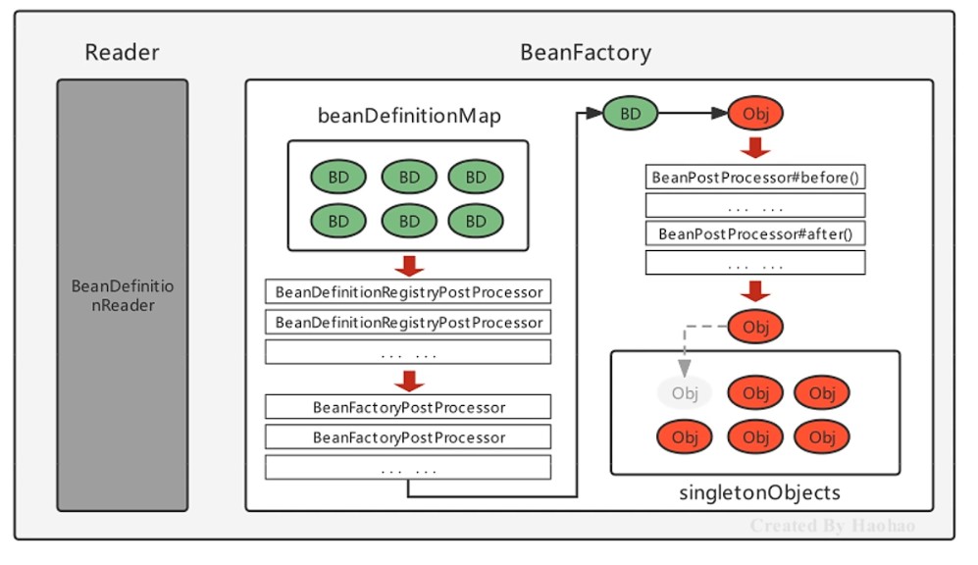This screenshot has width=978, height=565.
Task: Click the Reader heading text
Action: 122,52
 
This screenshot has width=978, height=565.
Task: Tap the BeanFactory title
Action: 585,52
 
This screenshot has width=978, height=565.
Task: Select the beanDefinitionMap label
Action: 409,116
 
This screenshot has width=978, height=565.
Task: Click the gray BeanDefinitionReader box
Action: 122,295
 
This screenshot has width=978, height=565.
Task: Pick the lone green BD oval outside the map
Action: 630,115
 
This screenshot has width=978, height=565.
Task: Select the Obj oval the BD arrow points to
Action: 755,115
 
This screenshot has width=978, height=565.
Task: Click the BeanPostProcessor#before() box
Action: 755,178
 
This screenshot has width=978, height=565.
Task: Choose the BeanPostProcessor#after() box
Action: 755,234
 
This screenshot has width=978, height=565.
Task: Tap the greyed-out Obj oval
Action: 684,393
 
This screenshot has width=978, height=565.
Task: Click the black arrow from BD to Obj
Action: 692,115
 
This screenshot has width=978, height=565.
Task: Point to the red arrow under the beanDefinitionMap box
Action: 408,266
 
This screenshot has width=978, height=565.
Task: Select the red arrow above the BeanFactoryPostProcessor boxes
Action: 408,380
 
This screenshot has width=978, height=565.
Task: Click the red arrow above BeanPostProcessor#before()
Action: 755,147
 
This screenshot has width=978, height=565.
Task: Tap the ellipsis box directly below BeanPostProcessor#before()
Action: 755,206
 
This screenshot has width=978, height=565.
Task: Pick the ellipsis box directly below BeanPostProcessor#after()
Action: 755,263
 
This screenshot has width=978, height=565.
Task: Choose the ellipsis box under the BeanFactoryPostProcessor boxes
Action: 408,468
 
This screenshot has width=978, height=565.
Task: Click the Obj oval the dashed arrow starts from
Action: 755,326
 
